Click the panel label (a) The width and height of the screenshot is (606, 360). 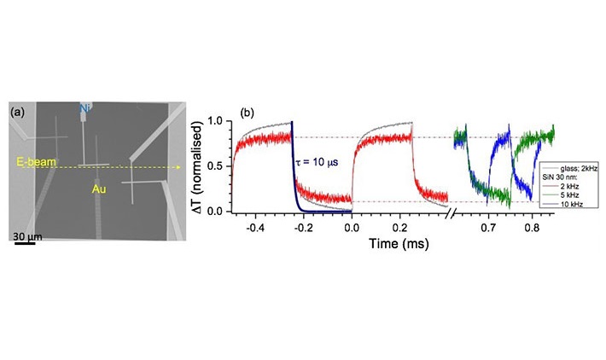pyautogui.click(x=16, y=112)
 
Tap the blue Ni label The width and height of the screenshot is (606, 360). pyautogui.click(x=85, y=109)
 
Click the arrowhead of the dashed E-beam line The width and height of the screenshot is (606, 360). pyautogui.click(x=178, y=168)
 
